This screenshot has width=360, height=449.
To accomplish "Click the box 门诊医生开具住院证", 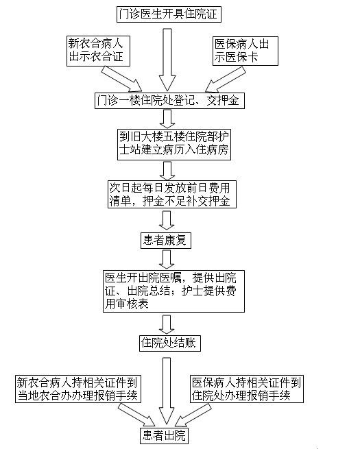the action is point(169,14).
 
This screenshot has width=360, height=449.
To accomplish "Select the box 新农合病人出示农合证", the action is point(98,51).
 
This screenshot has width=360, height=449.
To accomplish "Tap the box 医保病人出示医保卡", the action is point(245,51).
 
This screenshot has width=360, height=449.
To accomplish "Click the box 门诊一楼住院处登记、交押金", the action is point(169,101).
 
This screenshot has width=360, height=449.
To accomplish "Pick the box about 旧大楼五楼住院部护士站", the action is point(174,145).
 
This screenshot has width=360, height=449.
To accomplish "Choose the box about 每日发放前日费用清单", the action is point(172,194).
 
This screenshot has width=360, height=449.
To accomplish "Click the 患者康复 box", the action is point(166,241).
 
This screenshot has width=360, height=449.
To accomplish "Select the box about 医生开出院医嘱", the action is point(174,291).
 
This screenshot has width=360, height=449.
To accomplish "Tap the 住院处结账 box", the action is point(170,343).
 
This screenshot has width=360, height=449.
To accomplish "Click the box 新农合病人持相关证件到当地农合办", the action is point(78,389).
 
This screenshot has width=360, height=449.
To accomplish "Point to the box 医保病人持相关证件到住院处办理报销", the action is point(247,389).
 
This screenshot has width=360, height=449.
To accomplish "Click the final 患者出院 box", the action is point(165,436).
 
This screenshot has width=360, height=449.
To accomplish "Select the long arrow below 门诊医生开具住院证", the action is point(167,60).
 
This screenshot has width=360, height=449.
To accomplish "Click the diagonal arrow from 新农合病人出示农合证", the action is point(122,79).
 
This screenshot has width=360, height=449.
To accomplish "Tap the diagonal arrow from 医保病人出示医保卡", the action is point(226,80).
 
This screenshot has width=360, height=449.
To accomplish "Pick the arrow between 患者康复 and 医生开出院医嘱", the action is point(167,259).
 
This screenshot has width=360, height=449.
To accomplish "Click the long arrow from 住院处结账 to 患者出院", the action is point(167,391).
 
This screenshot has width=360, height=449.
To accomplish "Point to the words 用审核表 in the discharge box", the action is point(126,304).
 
